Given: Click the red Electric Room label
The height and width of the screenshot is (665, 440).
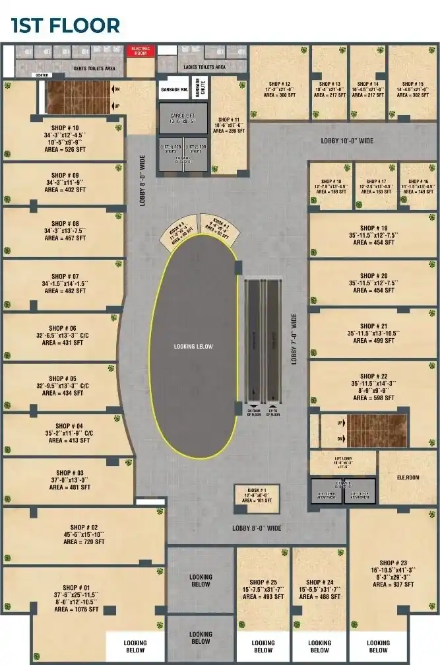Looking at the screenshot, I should coord(140,50).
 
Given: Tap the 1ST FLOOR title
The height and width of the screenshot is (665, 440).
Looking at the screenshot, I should coord(65,26).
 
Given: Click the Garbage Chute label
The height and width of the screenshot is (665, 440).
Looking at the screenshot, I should coord(198,87).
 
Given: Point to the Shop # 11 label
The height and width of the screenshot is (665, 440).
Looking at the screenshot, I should coord(228,120).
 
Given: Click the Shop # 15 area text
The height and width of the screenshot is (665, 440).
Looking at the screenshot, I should coord(412,95).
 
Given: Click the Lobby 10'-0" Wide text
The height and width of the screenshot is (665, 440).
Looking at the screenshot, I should coord(347,141).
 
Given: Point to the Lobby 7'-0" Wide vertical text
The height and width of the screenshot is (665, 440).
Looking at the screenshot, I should coord(295,339).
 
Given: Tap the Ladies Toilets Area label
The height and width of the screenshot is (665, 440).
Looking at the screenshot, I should coord(202,67).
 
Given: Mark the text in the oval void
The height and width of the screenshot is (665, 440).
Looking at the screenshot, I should coord(193,346).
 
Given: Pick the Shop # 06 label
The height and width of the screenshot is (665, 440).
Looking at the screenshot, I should coord(64,328).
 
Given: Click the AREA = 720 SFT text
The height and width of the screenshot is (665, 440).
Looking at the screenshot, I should coord(84,542).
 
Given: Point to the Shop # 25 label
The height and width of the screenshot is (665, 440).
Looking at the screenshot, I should coord(263,582).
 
